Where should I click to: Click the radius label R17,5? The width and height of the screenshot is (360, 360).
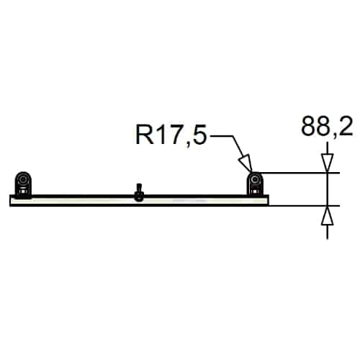pos(166,134)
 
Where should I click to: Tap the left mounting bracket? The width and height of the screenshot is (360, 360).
pos(24,184)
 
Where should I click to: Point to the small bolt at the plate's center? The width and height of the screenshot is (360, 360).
pos(138,192)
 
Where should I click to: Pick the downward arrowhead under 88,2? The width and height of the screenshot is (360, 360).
pos(328,161)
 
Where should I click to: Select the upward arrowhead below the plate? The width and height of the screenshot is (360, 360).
pos(328,214)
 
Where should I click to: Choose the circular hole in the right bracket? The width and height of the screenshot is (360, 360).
pos(255,179)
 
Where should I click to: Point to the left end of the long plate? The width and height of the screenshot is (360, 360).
pos(12,201)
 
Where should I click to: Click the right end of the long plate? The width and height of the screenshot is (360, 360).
pos(266,201)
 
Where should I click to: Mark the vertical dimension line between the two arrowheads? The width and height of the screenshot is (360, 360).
pos(328,189)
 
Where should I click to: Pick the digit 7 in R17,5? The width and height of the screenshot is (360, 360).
pos(172,134)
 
